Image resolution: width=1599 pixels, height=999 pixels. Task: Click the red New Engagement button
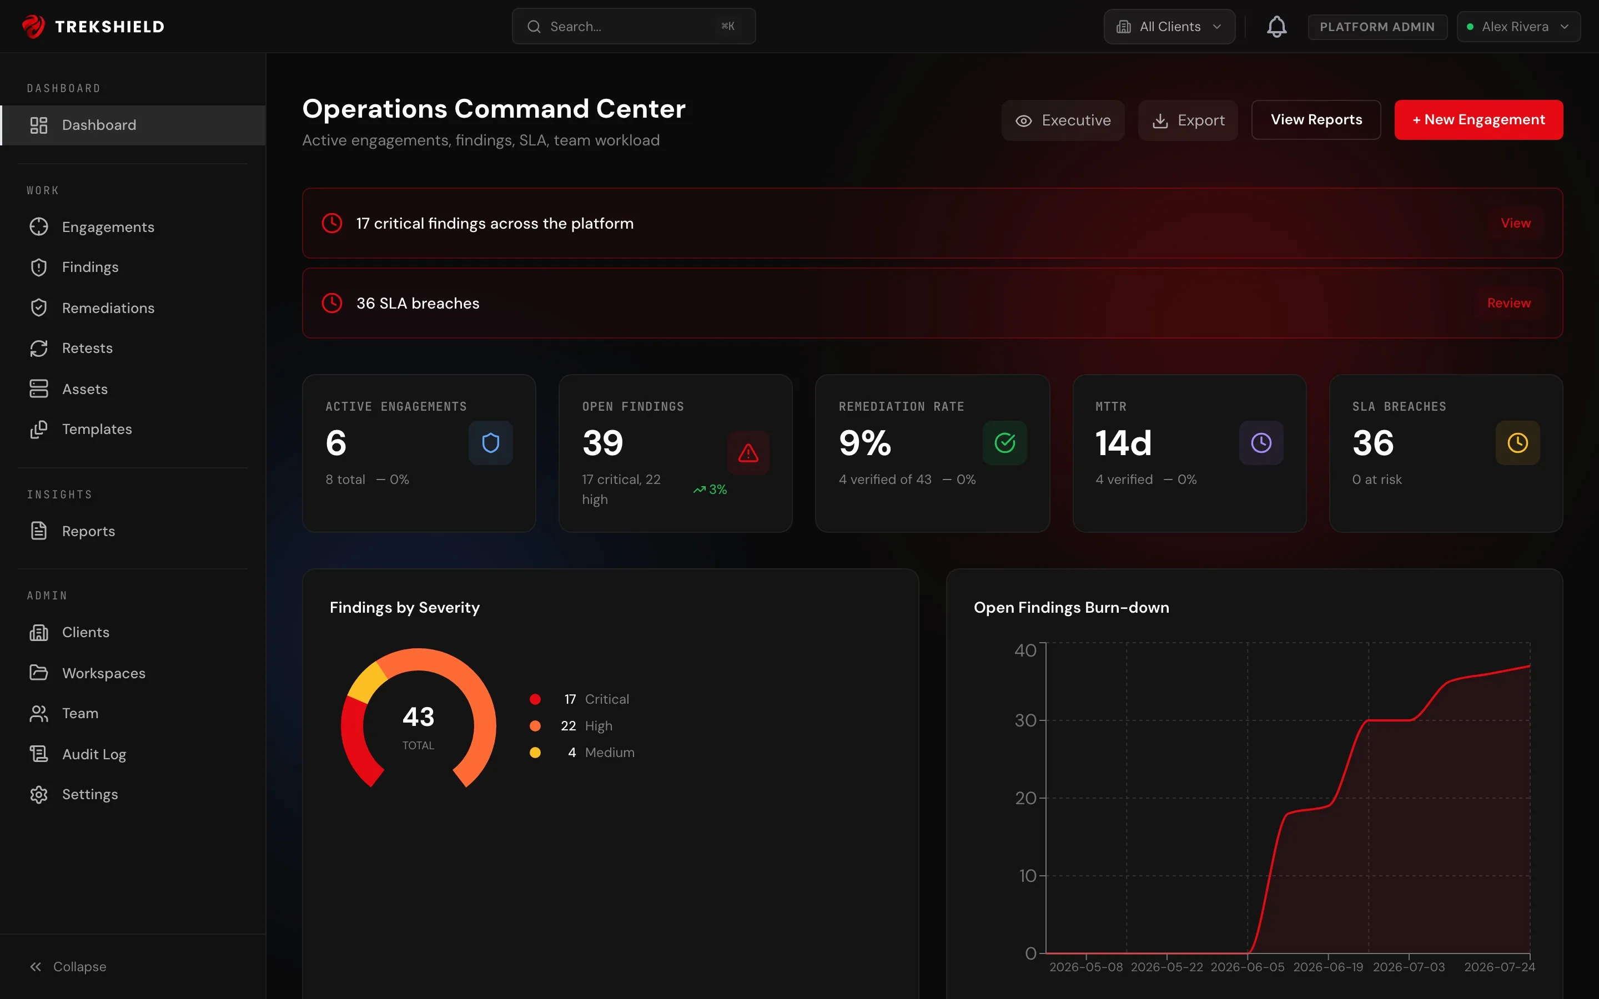[x=1478, y=119]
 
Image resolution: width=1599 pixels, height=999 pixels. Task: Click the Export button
[x=1188, y=120]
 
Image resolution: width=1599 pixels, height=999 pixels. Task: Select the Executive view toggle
[x=1063, y=120]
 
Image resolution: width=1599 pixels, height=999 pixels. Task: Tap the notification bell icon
[x=1276, y=27]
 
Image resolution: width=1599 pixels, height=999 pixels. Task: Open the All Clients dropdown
[x=1169, y=27]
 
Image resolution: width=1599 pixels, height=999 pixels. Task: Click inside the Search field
[x=633, y=27]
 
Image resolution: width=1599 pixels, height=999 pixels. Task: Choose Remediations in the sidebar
[x=108, y=308]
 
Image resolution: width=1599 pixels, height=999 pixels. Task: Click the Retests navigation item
[x=87, y=348]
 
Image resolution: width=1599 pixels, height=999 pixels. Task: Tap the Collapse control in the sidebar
[x=68, y=967]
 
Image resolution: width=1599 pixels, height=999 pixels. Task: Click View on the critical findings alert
[x=1515, y=223]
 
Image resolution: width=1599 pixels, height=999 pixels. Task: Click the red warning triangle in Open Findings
[x=748, y=453]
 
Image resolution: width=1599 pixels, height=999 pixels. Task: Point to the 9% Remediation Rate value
[x=865, y=443]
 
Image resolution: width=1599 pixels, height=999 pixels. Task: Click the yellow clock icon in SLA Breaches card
[x=1517, y=443]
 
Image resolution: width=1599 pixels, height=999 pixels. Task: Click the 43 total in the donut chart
[x=418, y=717]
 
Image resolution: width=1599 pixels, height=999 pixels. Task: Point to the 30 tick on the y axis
[x=1025, y=720]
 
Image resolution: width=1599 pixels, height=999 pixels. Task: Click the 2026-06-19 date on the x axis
[x=1328, y=967]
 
